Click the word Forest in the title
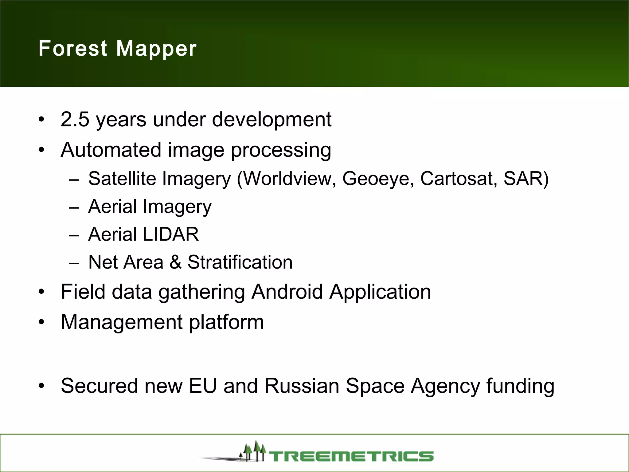(x=73, y=49)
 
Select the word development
(x=272, y=120)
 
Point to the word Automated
(x=111, y=150)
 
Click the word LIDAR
(x=171, y=234)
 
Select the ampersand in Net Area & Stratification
(x=175, y=262)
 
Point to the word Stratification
(x=240, y=262)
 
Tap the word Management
(x=121, y=322)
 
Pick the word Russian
(x=302, y=386)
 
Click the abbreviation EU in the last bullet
(x=203, y=386)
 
